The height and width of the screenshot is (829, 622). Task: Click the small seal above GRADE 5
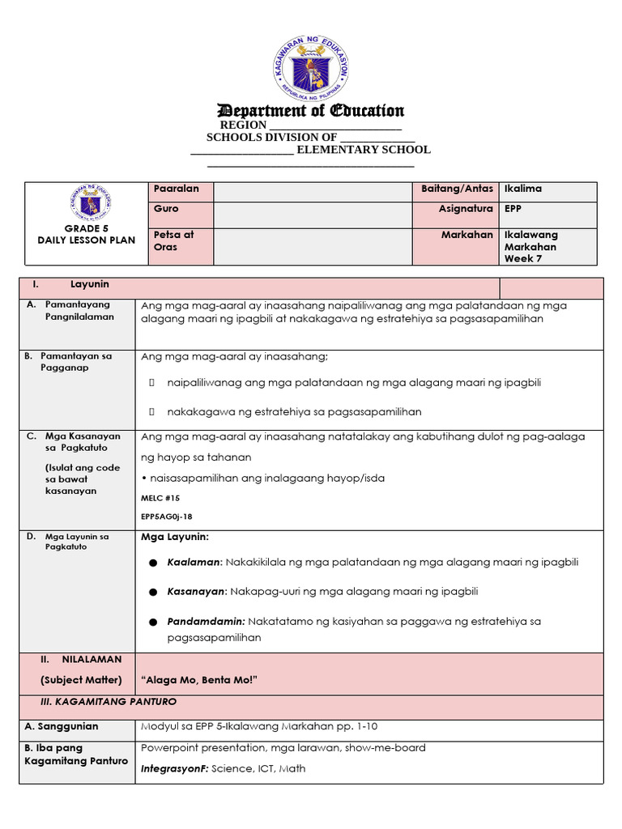pyautogui.click(x=91, y=204)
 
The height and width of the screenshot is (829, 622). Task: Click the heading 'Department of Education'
pyautogui.click(x=311, y=111)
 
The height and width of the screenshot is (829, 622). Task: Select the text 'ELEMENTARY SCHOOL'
pyautogui.click(x=363, y=150)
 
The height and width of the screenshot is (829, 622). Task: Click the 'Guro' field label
pyautogui.click(x=166, y=209)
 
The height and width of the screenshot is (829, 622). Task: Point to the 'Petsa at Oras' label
pyautogui.click(x=173, y=240)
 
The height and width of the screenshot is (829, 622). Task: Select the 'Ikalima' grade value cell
pyautogui.click(x=523, y=189)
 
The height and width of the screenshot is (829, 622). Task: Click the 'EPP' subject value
pyautogui.click(x=513, y=209)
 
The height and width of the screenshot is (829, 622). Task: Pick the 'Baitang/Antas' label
pyautogui.click(x=457, y=189)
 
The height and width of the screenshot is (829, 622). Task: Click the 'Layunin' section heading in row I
pyautogui.click(x=90, y=285)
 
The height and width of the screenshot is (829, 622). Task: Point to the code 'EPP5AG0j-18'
pyautogui.click(x=167, y=517)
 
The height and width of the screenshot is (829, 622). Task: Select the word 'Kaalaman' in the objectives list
pyautogui.click(x=194, y=562)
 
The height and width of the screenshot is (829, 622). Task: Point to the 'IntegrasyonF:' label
pyautogui.click(x=174, y=768)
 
